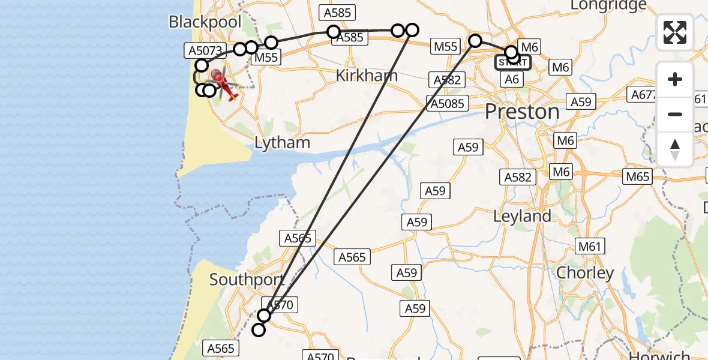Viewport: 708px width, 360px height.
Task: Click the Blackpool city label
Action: tap(205, 22)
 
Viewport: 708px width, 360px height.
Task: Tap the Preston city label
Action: tap(521, 112)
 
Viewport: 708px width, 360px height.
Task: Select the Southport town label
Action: tap(247, 280)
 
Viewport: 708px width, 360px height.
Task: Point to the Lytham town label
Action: tap(282, 143)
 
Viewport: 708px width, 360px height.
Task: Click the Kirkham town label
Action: tap(367, 76)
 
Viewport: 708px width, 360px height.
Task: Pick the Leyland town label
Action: tap(522, 216)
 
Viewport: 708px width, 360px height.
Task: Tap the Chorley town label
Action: tap(585, 273)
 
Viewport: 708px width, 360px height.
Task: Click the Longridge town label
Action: tap(608, 5)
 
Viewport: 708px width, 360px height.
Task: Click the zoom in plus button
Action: tap(675, 79)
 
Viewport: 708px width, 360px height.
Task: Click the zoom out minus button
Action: tap(675, 114)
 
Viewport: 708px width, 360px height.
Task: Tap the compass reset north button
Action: tap(675, 149)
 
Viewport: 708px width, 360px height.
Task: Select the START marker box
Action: tap(512, 62)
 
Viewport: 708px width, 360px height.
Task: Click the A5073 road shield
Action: tap(205, 51)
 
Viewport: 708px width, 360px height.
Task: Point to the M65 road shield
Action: tap(638, 176)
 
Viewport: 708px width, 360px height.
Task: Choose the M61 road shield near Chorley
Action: tap(590, 246)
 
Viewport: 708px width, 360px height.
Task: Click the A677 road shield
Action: tap(643, 94)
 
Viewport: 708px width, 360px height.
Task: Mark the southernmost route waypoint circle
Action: tap(259, 329)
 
